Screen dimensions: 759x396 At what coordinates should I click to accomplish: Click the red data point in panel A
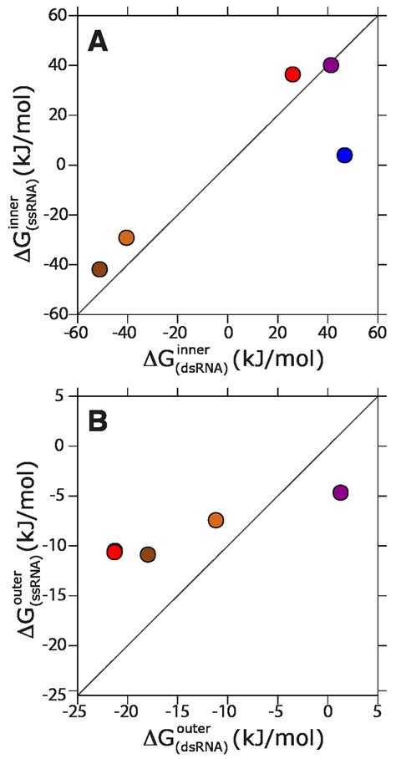pos(292,74)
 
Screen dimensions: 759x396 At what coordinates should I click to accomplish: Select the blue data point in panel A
pos(344,155)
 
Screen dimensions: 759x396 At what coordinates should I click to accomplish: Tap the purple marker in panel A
pos(331,65)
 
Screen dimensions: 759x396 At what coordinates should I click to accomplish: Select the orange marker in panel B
pos(216,520)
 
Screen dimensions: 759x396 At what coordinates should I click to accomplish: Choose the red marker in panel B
pos(114,553)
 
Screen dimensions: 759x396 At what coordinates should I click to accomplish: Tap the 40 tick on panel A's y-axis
pos(58,65)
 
